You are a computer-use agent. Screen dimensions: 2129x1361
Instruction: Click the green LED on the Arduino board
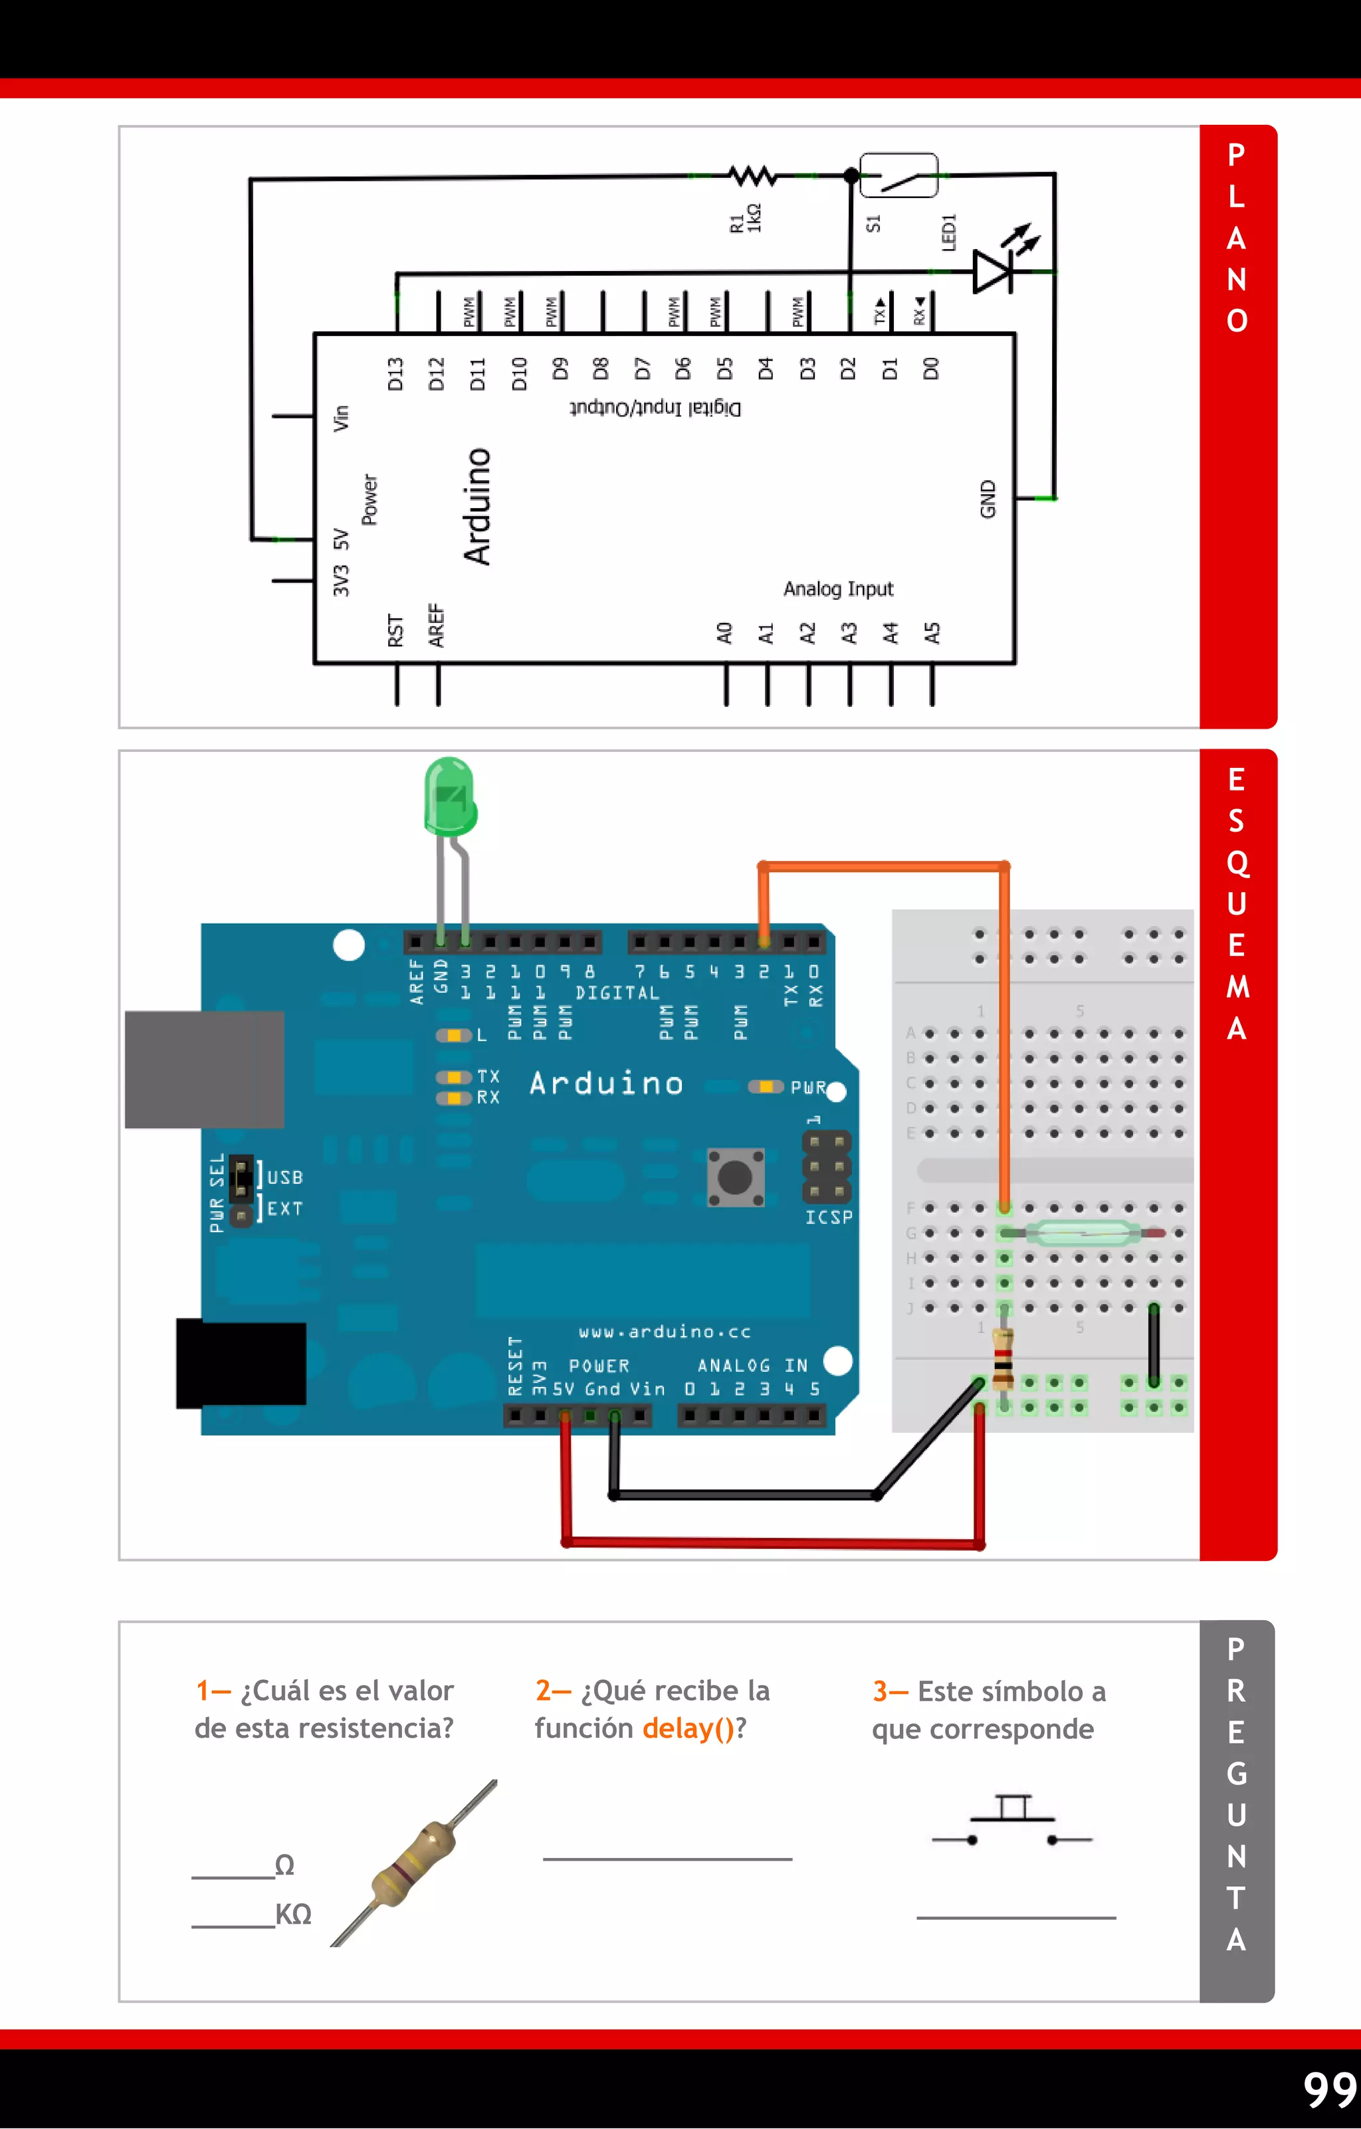450,796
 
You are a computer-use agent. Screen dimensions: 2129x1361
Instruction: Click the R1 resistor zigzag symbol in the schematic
754,175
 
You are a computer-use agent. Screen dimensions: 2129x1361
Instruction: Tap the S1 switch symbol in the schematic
898,176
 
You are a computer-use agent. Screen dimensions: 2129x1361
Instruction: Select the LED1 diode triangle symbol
992,270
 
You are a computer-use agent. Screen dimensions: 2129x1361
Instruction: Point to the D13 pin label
395,373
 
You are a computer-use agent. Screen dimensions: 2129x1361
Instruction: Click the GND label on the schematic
988,499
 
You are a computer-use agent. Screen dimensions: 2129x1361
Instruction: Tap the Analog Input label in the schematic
837,589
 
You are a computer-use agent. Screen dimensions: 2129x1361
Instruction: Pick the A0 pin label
724,633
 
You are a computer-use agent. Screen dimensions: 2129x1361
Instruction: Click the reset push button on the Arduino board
735,1177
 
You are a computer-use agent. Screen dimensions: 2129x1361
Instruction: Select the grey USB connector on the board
204,1069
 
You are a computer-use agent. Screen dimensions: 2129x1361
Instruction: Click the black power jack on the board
241,1363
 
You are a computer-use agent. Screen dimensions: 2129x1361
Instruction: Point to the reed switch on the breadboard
1083,1232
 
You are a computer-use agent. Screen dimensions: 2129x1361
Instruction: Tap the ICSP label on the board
829,1218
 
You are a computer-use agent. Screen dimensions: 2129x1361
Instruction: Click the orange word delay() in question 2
688,1728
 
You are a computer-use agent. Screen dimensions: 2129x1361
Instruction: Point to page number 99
1329,2089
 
